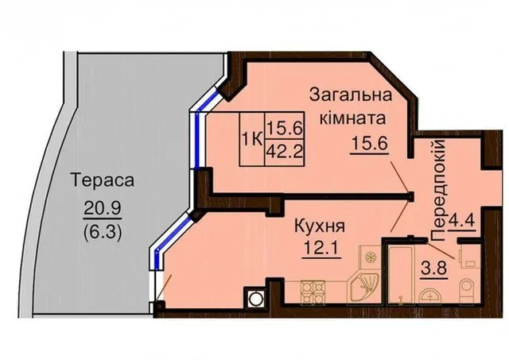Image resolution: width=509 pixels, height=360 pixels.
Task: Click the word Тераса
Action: [x=103, y=180]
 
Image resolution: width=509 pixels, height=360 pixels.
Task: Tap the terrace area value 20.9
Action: [x=103, y=207]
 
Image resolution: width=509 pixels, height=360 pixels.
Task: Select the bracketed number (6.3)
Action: [x=103, y=231]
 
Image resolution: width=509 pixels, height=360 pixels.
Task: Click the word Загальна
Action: [x=351, y=96]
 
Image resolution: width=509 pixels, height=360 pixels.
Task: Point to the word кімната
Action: [x=353, y=118]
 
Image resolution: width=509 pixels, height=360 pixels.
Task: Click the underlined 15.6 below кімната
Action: [x=369, y=143]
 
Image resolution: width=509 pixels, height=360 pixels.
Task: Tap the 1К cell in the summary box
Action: [x=252, y=140]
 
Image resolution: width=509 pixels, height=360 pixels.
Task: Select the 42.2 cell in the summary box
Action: [x=285, y=151]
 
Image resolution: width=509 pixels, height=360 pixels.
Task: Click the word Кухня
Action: [x=320, y=226]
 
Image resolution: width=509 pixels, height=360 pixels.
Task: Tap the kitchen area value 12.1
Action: [x=321, y=249]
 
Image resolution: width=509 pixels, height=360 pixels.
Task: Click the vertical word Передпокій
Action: [x=438, y=190]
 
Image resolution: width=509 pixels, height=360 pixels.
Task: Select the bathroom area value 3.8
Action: [x=434, y=268]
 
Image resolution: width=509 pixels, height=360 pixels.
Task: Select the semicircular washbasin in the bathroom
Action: [x=430, y=296]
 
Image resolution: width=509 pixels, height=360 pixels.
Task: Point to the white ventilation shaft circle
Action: [x=254, y=296]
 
